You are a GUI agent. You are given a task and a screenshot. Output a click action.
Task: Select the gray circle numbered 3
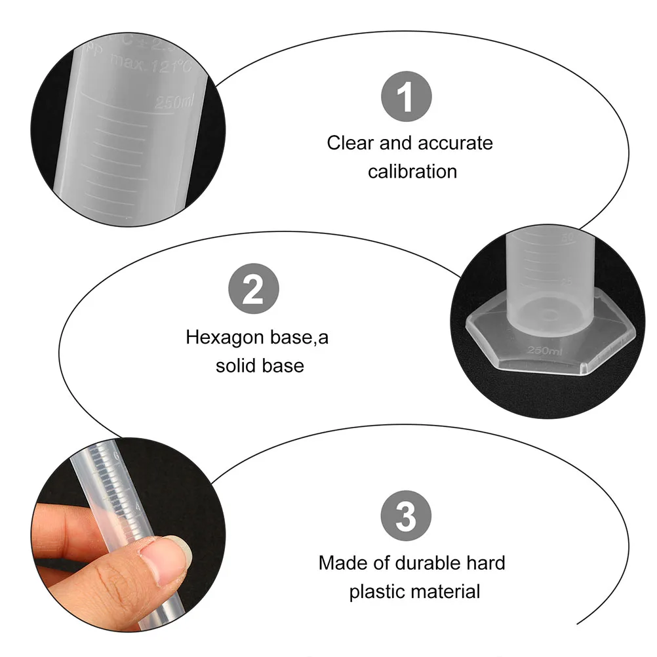(407, 516)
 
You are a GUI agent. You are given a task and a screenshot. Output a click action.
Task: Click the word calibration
(412, 172)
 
